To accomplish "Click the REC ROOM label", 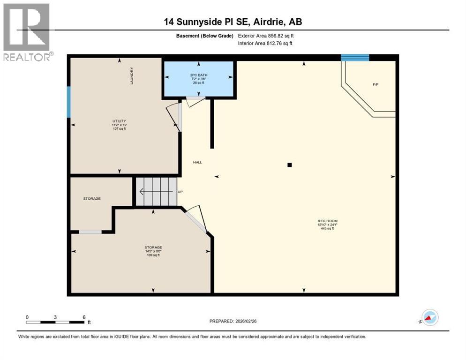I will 327,221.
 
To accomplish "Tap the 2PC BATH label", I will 199,75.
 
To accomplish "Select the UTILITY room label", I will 119,121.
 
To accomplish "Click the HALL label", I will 197,162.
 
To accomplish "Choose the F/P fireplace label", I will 376,84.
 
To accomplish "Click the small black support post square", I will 290,165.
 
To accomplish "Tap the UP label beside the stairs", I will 180,192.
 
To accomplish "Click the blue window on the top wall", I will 355,58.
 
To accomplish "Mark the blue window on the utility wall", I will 69,102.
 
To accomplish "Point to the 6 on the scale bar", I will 84,317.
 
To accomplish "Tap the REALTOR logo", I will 27,32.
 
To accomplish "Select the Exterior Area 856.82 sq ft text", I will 265,36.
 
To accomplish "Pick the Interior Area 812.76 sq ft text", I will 265,43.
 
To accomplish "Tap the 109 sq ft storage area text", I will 153,255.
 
